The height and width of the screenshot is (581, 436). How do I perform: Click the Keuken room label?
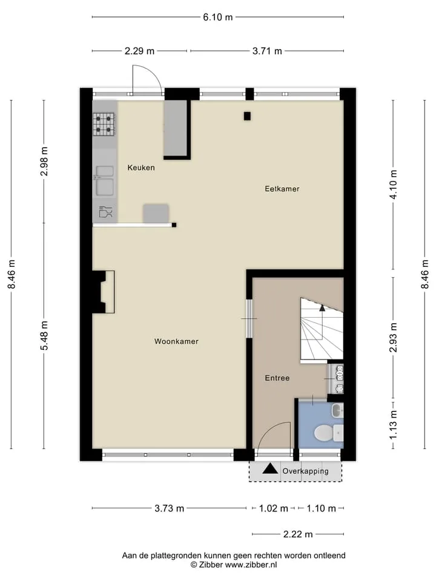[141, 168]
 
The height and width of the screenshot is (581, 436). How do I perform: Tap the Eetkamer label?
[282, 189]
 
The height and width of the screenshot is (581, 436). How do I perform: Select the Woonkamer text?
[176, 341]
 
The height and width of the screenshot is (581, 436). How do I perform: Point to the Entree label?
[277, 378]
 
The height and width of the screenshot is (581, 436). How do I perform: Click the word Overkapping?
[305, 471]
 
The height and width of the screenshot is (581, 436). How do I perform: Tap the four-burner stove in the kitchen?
[104, 123]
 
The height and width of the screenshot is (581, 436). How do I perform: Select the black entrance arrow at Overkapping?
[270, 468]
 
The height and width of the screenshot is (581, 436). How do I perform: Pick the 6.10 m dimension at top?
[217, 17]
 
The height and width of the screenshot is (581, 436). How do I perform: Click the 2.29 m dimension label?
[139, 51]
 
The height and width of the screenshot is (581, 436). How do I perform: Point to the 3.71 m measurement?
[267, 51]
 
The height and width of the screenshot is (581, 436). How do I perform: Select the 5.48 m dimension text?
[44, 335]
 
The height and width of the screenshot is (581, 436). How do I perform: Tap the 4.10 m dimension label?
[394, 185]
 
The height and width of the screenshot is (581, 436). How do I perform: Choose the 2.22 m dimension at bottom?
[298, 534]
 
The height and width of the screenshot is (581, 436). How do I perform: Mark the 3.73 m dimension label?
[169, 508]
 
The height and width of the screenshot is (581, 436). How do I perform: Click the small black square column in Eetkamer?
[247, 116]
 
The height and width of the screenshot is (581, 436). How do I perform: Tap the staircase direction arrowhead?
[322, 307]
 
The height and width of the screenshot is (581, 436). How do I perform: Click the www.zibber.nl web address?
[251, 565]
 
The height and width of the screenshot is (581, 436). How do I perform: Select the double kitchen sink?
[105, 180]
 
